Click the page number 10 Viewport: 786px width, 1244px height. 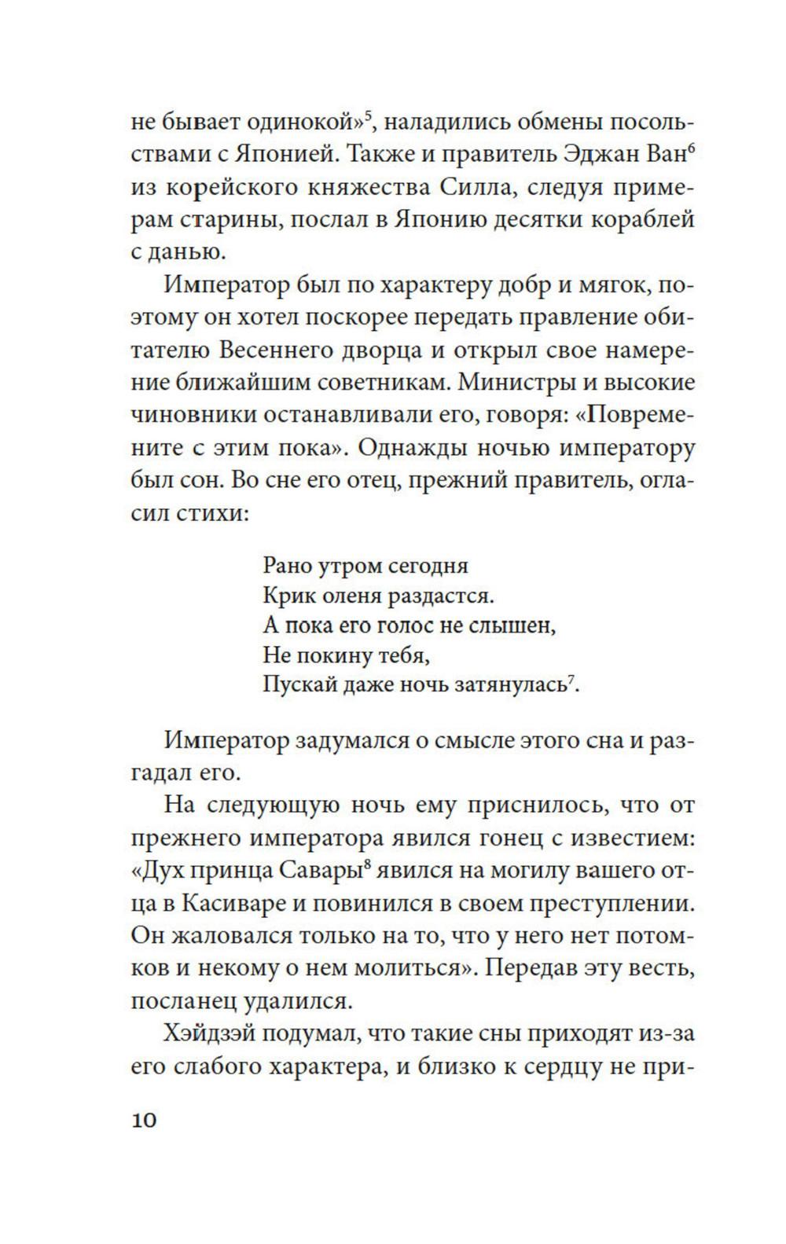145,1120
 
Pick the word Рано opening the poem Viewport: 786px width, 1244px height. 287,565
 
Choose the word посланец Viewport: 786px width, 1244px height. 183,1002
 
